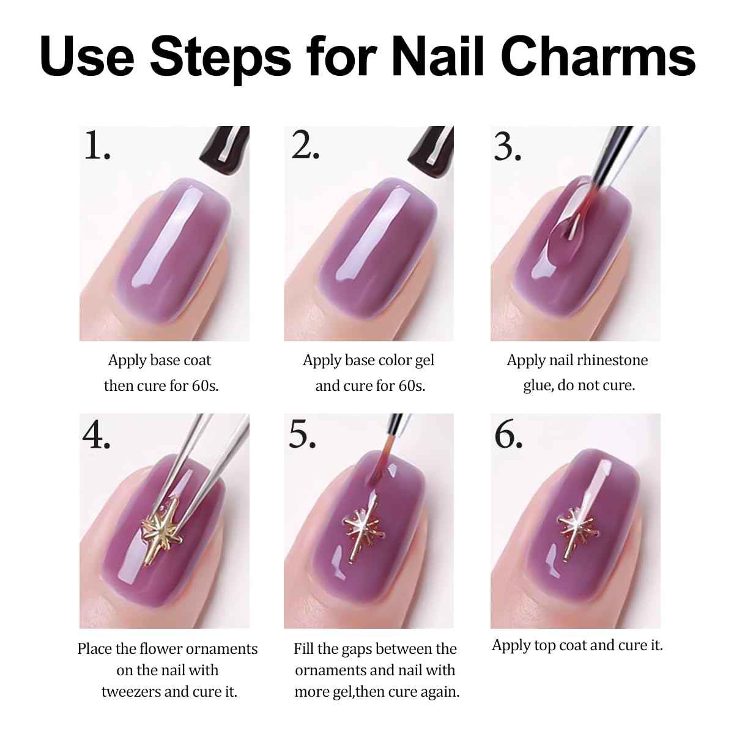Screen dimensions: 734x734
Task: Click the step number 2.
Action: (x=305, y=146)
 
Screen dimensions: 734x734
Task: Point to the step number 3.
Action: (x=507, y=147)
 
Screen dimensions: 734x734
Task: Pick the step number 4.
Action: (x=96, y=435)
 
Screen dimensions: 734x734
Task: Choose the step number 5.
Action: (x=302, y=435)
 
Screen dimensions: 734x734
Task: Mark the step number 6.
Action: (x=508, y=435)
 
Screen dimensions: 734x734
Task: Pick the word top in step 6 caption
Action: (x=546, y=646)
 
